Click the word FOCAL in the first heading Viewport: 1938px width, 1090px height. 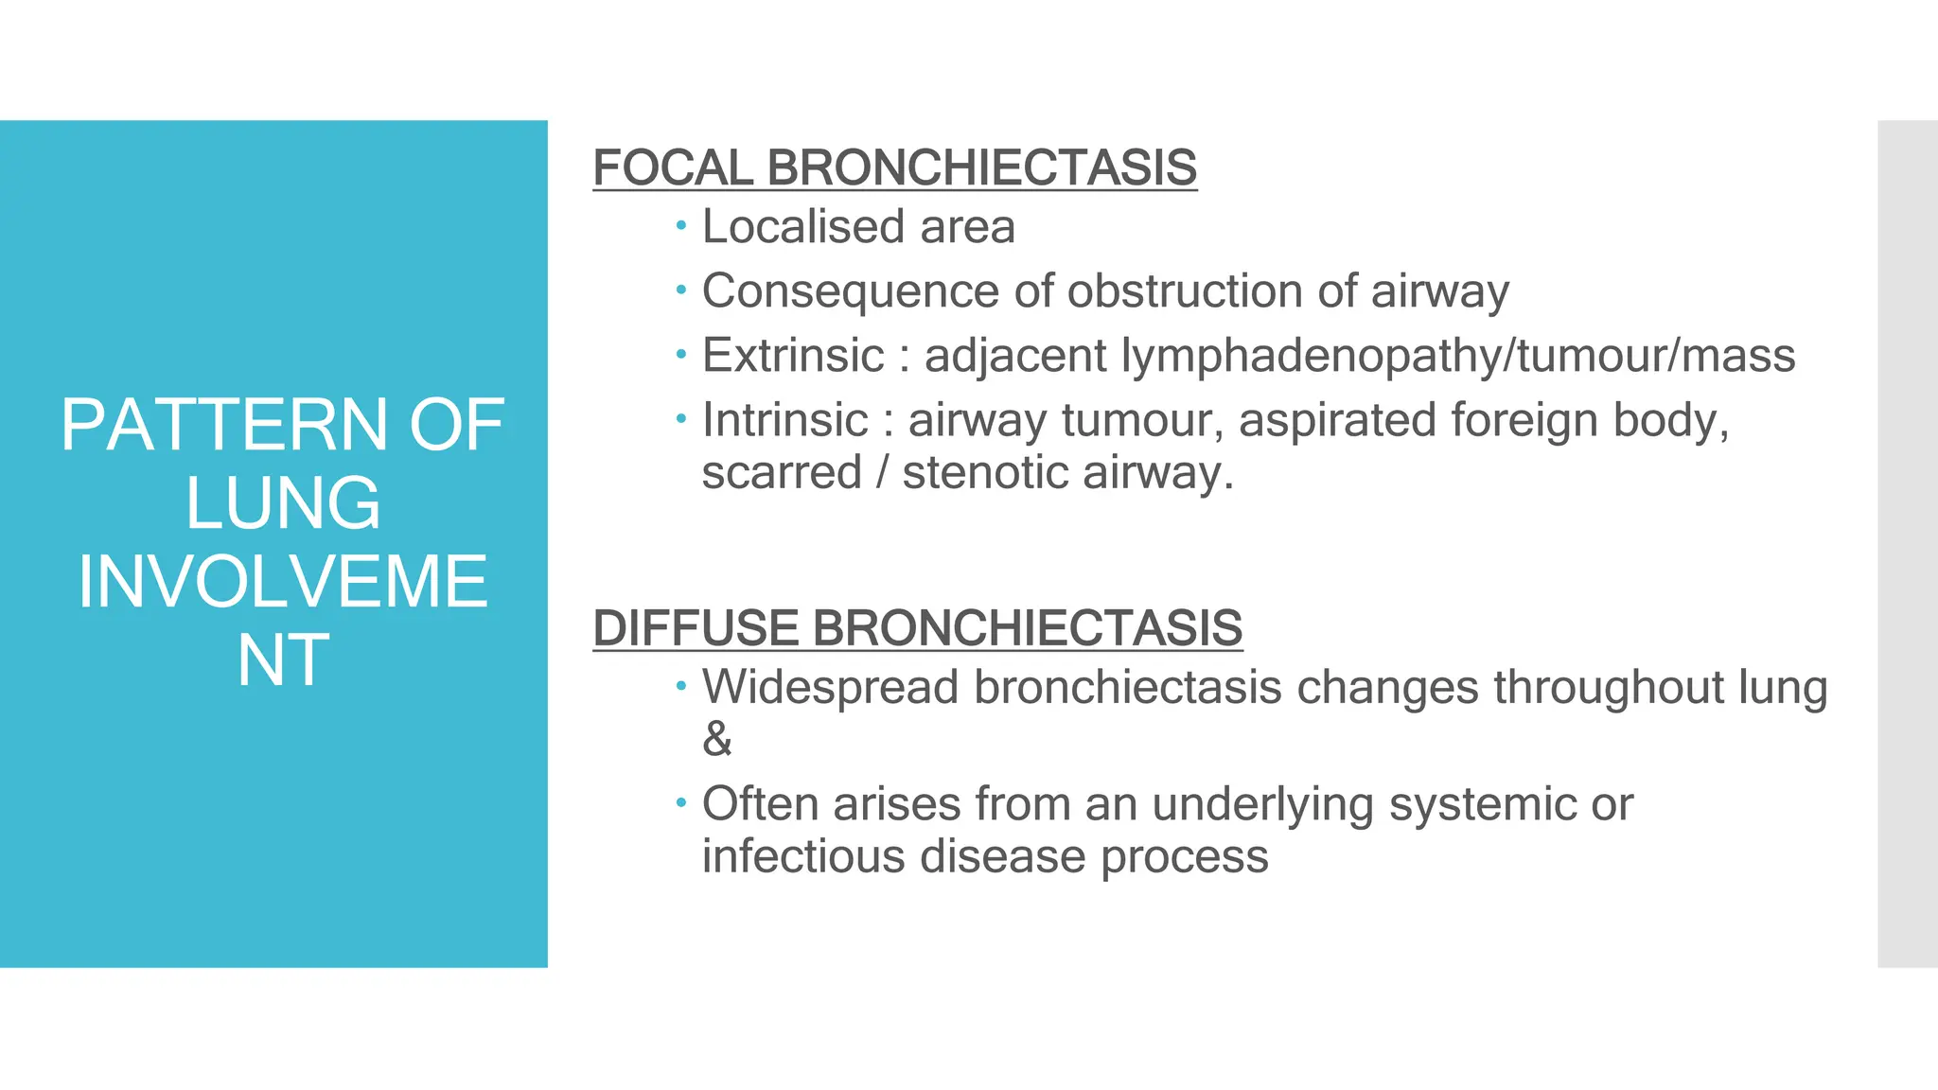click(673, 168)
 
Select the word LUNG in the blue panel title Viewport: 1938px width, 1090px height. click(282, 503)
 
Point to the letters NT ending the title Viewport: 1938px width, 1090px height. click(282, 660)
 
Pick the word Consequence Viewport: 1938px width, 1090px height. click(850, 291)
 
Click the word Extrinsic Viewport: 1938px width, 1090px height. click(793, 356)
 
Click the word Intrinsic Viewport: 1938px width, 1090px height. click(784, 420)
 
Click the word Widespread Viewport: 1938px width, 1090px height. click(830, 687)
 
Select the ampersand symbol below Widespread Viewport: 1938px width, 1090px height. click(717, 739)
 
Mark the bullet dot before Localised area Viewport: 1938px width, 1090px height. click(680, 225)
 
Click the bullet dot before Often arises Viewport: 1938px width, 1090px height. click(680, 803)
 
